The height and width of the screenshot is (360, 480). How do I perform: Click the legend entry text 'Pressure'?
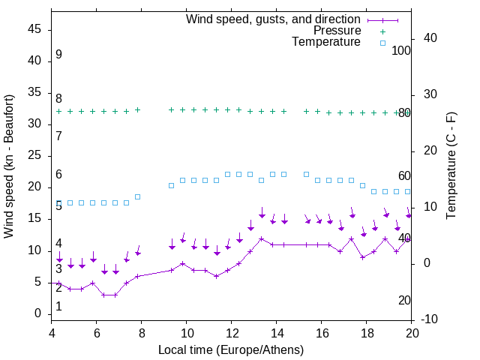(337, 31)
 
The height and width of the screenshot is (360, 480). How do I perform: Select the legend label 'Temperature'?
(326, 42)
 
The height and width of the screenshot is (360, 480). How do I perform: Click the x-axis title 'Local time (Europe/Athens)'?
(231, 349)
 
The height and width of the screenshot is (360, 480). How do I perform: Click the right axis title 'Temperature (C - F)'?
(451, 166)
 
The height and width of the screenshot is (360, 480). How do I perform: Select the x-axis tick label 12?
(232, 333)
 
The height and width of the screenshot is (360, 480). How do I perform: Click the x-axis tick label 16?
(322, 333)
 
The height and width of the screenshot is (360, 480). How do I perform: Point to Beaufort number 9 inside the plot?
(58, 55)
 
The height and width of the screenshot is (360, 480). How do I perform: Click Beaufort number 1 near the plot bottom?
(58, 307)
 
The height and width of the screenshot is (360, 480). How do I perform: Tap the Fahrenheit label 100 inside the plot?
(401, 50)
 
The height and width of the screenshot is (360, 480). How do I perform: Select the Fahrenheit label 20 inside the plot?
(404, 301)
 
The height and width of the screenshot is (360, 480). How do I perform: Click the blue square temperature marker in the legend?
(382, 43)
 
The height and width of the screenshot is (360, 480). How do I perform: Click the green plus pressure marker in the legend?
(382, 31)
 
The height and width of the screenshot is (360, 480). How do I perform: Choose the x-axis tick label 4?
(52, 333)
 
